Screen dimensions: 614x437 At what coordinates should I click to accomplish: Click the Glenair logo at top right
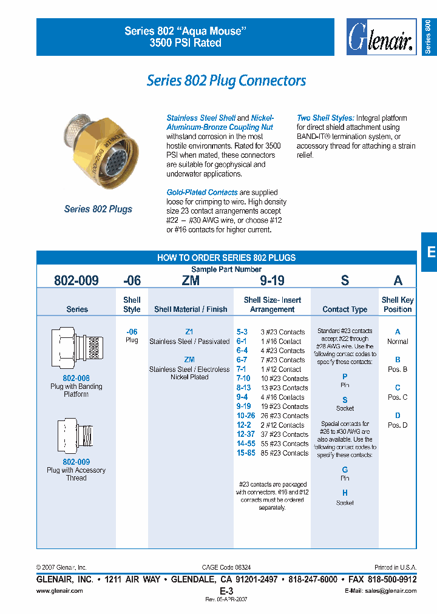380,38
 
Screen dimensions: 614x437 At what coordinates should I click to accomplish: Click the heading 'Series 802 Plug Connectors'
226,81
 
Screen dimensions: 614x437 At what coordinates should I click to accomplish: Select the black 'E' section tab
430,252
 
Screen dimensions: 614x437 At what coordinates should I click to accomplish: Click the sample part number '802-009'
76,280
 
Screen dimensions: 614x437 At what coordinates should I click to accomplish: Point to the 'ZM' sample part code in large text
190,280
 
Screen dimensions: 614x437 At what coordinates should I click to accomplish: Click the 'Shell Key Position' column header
398,305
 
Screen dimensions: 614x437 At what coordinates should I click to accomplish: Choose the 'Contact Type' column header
345,309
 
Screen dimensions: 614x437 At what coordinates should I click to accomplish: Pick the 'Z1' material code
189,332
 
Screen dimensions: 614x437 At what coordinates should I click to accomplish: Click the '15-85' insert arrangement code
246,453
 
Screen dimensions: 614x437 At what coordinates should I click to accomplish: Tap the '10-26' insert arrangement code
246,416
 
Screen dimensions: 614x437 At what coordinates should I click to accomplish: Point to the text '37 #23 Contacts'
283,434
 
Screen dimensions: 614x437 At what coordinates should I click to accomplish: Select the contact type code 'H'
345,493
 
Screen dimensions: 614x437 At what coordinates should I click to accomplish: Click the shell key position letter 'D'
398,416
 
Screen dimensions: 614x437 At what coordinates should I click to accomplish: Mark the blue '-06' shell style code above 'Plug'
132,332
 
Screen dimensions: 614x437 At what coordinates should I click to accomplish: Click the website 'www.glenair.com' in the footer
59,591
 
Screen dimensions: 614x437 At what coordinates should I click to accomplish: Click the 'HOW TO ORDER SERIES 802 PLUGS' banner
226,258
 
